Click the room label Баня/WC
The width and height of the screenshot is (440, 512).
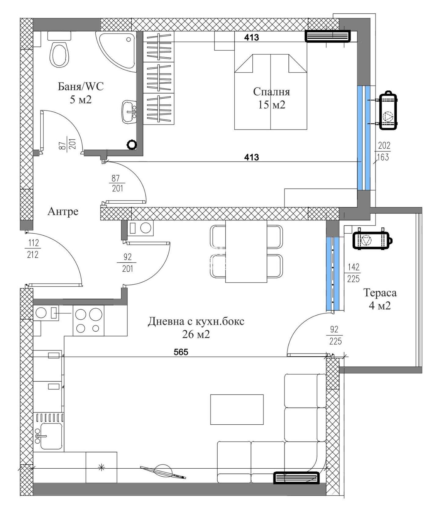click(x=81, y=86)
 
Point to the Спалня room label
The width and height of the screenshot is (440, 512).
click(x=271, y=92)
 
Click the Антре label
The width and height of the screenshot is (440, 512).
click(x=63, y=211)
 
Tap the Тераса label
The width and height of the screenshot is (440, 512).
click(x=380, y=292)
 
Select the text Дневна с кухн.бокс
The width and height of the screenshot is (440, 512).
click(x=196, y=321)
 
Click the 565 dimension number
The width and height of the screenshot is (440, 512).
click(x=181, y=352)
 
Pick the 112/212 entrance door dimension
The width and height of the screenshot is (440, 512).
click(x=33, y=249)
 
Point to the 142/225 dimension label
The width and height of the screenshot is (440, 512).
click(x=353, y=273)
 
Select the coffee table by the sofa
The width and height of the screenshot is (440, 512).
click(x=237, y=409)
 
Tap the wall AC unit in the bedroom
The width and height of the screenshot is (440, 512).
click(x=328, y=36)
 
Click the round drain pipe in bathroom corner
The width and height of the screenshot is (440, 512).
click(x=132, y=145)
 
